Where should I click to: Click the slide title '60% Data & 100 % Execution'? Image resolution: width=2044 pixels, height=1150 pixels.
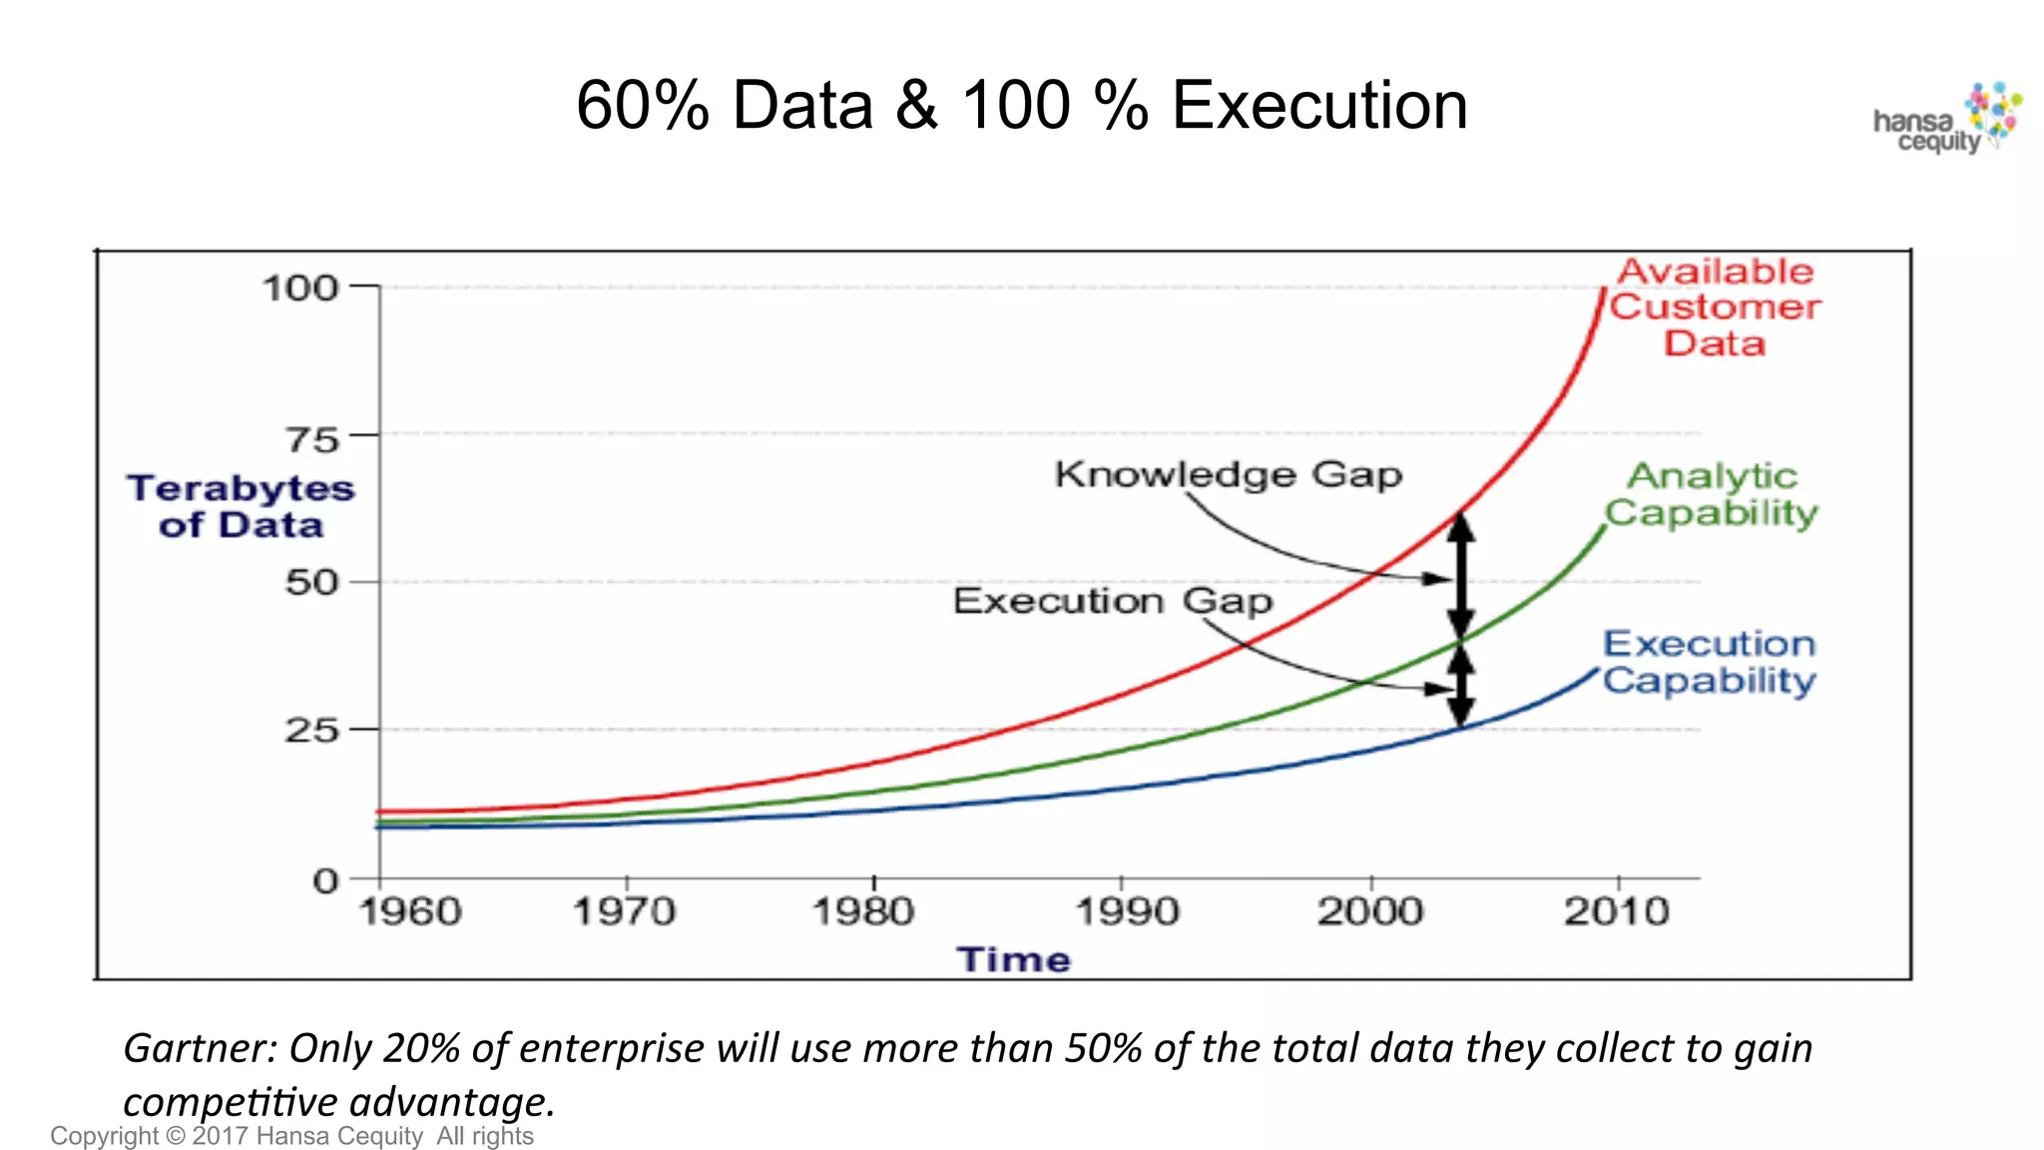[1021, 105]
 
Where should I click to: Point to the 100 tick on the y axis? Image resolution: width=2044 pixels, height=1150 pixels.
[300, 288]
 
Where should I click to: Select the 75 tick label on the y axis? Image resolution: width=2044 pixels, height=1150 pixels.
[312, 439]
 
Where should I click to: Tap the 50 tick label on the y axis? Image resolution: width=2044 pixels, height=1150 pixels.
[312, 582]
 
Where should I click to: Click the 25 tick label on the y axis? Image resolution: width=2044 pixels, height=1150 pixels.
[312, 730]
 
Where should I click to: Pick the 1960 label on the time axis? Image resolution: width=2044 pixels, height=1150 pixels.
[410, 911]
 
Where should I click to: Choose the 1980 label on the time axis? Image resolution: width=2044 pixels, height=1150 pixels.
[863, 911]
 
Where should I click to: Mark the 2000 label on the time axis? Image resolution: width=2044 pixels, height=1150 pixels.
[1370, 911]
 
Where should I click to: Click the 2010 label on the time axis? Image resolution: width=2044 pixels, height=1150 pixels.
[1617, 911]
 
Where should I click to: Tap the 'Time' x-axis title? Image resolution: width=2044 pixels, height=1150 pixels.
[1014, 959]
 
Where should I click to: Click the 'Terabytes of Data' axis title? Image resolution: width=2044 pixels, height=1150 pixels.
[241, 506]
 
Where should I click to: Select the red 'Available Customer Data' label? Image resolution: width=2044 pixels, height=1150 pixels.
[1715, 306]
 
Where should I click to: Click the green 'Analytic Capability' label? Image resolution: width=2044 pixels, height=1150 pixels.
[1712, 494]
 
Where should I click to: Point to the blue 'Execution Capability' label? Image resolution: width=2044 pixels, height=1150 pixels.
[1710, 662]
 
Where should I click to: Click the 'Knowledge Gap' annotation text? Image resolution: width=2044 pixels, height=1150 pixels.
[1229, 474]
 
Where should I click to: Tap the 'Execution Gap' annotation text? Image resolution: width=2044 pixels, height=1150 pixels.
[1113, 601]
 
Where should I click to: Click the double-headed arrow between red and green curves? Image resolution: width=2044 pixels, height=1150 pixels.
[1461, 577]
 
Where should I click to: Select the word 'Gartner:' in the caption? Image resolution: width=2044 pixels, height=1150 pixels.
[200, 1048]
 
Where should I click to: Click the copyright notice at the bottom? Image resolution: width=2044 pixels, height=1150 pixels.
[291, 1136]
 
